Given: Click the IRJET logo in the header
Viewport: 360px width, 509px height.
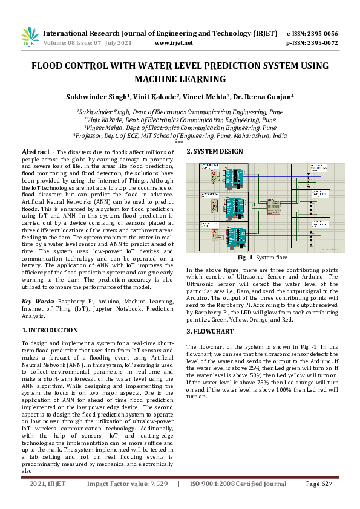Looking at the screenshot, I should pos(30,37).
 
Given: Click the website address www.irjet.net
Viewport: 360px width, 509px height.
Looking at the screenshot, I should pos(174,43).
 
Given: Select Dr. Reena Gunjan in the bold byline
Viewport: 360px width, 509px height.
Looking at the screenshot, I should pos(265,96).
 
